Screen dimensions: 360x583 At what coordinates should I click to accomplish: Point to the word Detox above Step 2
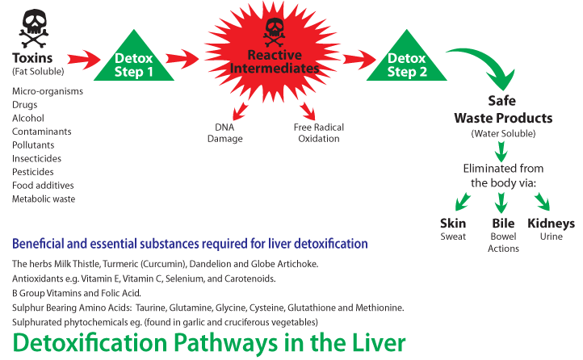click(406, 58)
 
